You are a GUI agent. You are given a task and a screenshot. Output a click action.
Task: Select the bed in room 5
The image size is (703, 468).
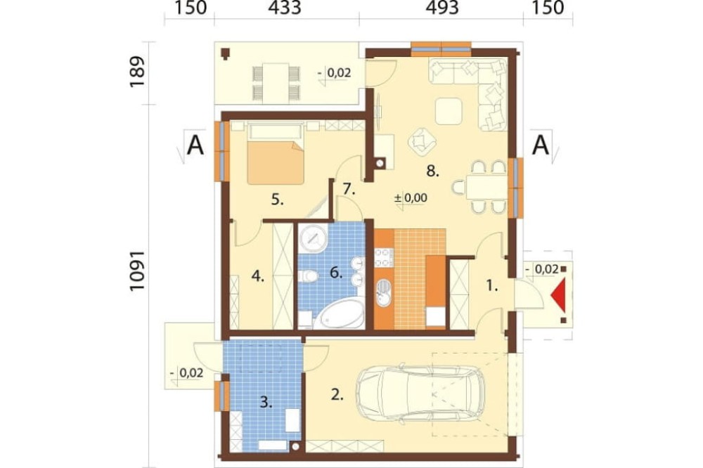[x=276, y=155]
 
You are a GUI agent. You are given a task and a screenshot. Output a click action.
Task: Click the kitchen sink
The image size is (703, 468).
[x=384, y=293]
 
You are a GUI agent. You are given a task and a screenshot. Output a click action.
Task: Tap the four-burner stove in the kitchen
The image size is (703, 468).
[x=384, y=258]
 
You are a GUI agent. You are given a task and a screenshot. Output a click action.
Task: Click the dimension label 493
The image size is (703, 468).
[x=442, y=8]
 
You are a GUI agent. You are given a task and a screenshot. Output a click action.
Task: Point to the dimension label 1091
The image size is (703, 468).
[x=138, y=271]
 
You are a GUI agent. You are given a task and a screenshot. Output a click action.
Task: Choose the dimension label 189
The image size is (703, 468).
[x=138, y=72]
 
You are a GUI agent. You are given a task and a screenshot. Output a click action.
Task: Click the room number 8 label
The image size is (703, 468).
[x=432, y=171]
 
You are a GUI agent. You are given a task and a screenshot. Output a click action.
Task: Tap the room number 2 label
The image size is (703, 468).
[x=337, y=395]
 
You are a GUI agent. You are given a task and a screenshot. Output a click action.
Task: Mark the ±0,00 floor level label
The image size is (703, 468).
[x=411, y=197]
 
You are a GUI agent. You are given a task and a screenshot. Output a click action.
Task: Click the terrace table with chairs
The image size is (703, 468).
[x=276, y=83]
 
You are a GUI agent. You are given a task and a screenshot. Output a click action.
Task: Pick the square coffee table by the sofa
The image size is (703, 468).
[x=449, y=111]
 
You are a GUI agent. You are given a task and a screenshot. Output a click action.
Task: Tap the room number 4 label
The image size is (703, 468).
[x=257, y=276]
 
